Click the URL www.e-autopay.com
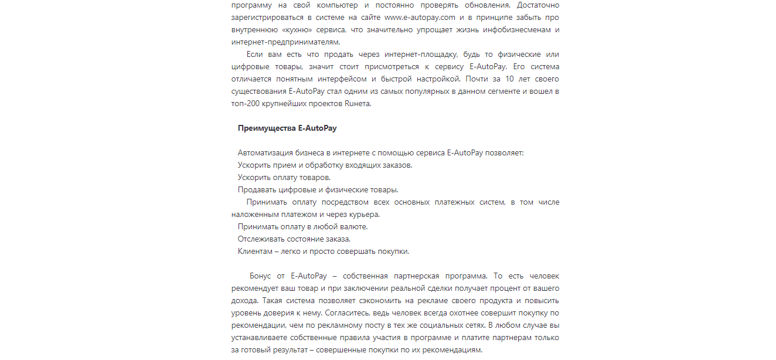(x=420, y=18)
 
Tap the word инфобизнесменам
(x=516, y=30)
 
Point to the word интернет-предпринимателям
(x=285, y=42)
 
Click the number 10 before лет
(x=509, y=79)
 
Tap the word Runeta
(x=355, y=104)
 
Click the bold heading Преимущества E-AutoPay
(x=287, y=128)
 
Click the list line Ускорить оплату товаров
(x=284, y=178)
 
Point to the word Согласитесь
(x=350, y=313)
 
